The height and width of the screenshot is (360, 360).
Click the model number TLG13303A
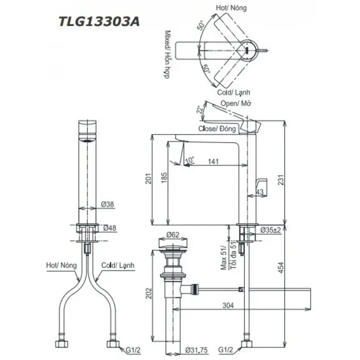(99, 22)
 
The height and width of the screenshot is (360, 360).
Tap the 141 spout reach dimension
(213, 162)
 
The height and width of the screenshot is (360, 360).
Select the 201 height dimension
(149, 178)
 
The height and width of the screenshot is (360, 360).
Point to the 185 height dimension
(164, 177)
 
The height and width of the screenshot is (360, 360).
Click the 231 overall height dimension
(281, 180)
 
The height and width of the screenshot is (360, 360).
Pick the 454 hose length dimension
(281, 268)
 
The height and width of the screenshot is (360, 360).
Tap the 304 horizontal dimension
(228, 305)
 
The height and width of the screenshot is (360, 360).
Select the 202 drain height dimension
(149, 293)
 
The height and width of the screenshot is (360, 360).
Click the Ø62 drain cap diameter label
(173, 234)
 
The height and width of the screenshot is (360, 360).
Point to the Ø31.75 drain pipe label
(196, 350)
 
